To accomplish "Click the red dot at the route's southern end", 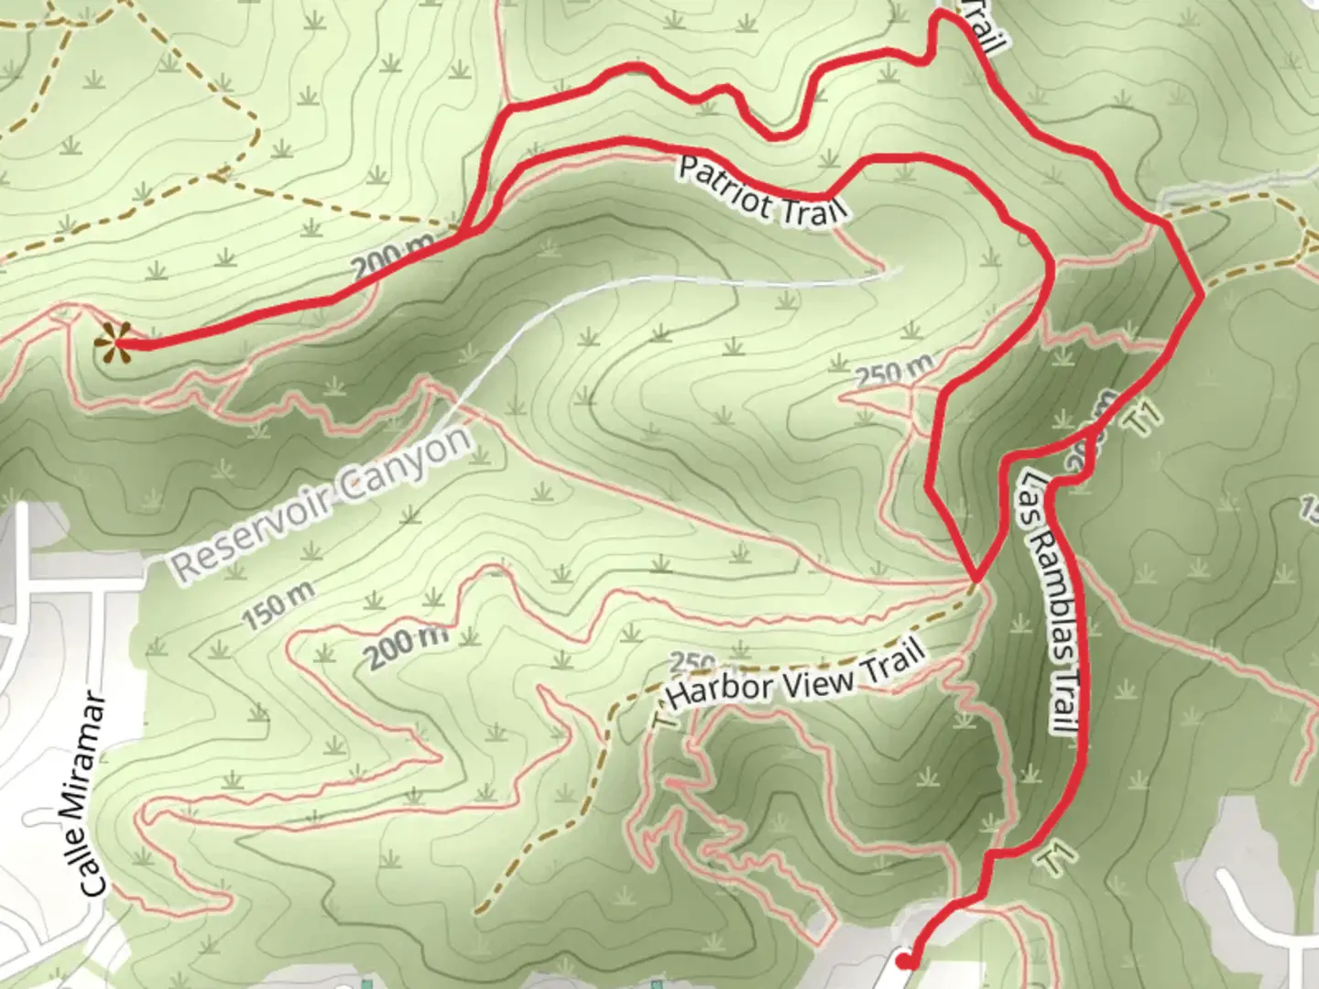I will [x=905, y=961].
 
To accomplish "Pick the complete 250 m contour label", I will [x=894, y=372].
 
